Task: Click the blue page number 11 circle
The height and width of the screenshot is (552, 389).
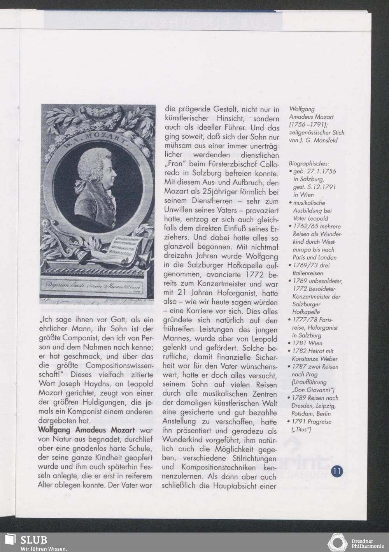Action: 337,471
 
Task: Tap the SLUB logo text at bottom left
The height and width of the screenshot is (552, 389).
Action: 33,540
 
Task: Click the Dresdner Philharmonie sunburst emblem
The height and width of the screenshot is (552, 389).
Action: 338,543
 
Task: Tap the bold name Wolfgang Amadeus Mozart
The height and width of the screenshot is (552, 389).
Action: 86,430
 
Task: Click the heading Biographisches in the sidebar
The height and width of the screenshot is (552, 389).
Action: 309,164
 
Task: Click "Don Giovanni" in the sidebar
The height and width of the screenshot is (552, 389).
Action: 316,390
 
